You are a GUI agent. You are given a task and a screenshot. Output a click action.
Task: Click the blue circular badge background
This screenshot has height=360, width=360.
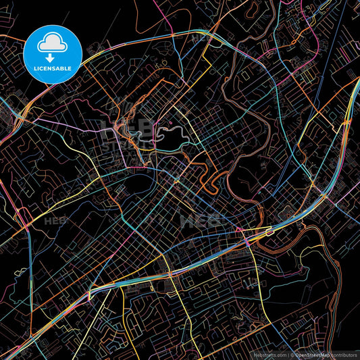click(x=34, y=54)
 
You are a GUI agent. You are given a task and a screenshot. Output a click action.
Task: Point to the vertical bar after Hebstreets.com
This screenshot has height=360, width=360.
click(x=289, y=354)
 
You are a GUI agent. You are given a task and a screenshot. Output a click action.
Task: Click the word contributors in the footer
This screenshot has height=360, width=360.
click(x=343, y=354)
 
